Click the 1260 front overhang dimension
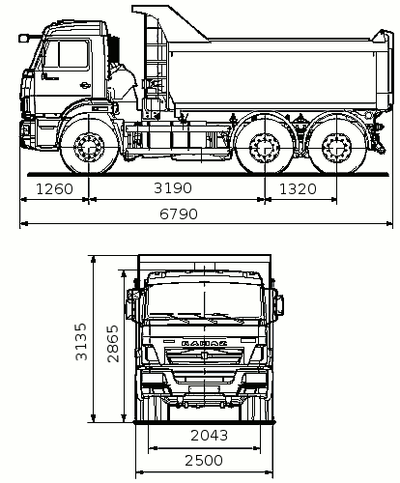55,189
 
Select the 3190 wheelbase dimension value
173,188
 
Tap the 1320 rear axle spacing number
298,189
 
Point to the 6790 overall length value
179,214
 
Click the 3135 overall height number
81,342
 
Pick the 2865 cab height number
113,344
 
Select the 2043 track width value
210,436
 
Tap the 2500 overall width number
204,461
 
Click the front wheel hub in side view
89,148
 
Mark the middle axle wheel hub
265,149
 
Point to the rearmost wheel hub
336,149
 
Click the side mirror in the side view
23,39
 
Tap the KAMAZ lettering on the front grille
204,343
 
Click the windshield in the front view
204,300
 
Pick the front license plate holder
204,389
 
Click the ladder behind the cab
156,61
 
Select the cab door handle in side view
85,85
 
